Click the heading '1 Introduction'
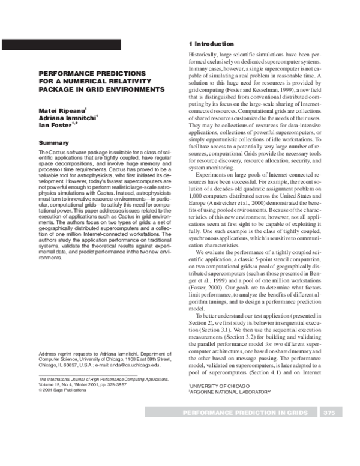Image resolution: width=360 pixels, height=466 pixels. (x=211, y=44)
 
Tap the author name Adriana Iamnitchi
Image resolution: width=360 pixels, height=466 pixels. (x=68, y=118)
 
